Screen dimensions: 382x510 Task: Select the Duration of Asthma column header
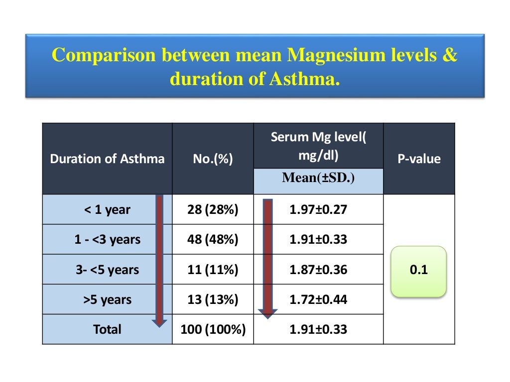pyautogui.click(x=107, y=159)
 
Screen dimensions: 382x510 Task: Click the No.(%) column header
pyautogui.click(x=213, y=159)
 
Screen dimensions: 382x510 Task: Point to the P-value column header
pyautogui.click(x=419, y=159)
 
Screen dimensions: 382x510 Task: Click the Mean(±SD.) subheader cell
pyautogui.click(x=318, y=178)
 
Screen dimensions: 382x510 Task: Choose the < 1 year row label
pyautogui.click(x=107, y=210)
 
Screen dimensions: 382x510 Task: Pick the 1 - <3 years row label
pyautogui.click(x=107, y=240)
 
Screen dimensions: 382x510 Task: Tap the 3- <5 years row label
pyautogui.click(x=107, y=270)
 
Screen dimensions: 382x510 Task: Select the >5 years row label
pyautogui.click(x=107, y=299)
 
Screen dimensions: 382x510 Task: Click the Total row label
pyautogui.click(x=107, y=329)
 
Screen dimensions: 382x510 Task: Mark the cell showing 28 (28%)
pyautogui.click(x=213, y=210)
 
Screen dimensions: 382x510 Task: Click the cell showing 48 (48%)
pyautogui.click(x=213, y=240)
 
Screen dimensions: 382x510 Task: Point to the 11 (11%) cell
pyautogui.click(x=213, y=270)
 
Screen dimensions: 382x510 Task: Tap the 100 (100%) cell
pyautogui.click(x=213, y=329)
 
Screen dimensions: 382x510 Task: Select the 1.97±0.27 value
pyautogui.click(x=318, y=210)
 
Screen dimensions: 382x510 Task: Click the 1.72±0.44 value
pyautogui.click(x=318, y=299)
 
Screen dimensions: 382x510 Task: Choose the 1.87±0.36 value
pyautogui.click(x=318, y=270)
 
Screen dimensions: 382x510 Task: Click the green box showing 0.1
pyautogui.click(x=419, y=271)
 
